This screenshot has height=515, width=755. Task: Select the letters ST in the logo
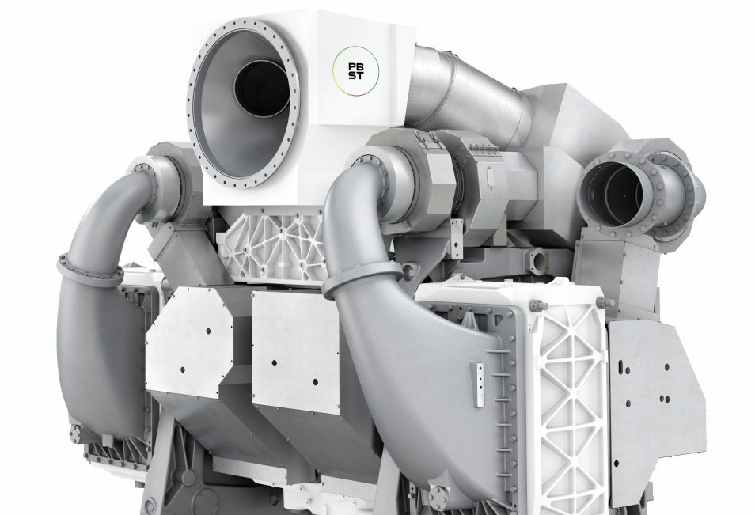(x=356, y=76)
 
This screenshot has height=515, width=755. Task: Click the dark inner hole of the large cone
(x=263, y=89)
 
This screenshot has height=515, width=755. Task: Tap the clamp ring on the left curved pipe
(x=90, y=271)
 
